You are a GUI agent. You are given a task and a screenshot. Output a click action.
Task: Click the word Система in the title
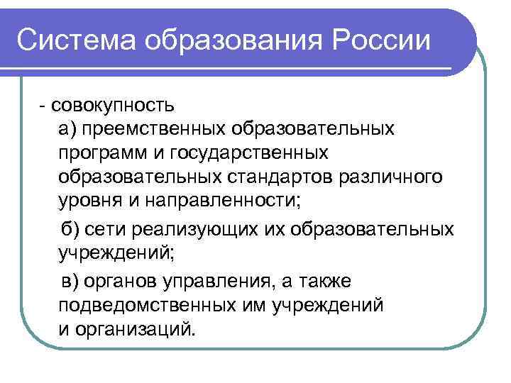tap(76, 40)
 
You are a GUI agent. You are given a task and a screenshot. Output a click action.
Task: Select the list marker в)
tap(72, 282)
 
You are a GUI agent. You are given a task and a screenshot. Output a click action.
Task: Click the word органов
tap(122, 282)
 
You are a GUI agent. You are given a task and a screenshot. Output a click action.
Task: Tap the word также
tap(322, 282)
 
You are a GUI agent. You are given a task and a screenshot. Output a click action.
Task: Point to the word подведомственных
tap(140, 305)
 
